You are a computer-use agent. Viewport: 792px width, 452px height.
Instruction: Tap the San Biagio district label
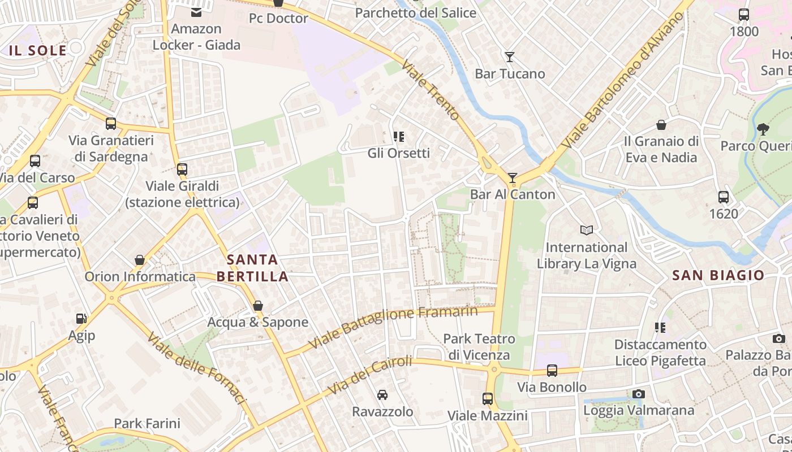click(718, 275)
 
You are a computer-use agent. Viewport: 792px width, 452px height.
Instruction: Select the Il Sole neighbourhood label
click(37, 50)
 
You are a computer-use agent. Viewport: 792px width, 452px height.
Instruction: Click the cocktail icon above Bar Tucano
click(510, 57)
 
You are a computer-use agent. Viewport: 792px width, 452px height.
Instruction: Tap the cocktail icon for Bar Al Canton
click(513, 178)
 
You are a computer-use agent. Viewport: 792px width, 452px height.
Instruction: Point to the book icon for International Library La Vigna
click(587, 230)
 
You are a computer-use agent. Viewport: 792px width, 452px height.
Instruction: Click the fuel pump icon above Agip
click(81, 319)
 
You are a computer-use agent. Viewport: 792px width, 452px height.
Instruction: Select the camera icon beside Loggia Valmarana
click(639, 394)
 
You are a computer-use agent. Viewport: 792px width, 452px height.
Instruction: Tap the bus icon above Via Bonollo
click(552, 371)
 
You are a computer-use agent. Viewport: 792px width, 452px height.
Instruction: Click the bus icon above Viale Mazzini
click(488, 399)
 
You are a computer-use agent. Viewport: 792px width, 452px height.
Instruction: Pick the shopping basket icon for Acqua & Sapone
click(258, 306)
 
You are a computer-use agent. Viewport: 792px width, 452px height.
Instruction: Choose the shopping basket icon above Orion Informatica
click(140, 260)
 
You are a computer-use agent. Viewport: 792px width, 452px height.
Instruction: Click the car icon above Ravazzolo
click(382, 394)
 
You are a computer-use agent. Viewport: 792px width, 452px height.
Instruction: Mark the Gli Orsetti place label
click(398, 153)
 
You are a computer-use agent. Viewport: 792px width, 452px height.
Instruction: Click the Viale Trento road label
click(431, 90)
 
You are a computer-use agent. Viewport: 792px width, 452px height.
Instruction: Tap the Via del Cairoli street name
click(370, 375)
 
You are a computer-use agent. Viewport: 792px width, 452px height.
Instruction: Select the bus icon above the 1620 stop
click(724, 197)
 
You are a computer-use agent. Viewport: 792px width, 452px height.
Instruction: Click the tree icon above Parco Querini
click(763, 129)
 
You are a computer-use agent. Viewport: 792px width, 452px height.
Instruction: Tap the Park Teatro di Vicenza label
click(479, 347)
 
